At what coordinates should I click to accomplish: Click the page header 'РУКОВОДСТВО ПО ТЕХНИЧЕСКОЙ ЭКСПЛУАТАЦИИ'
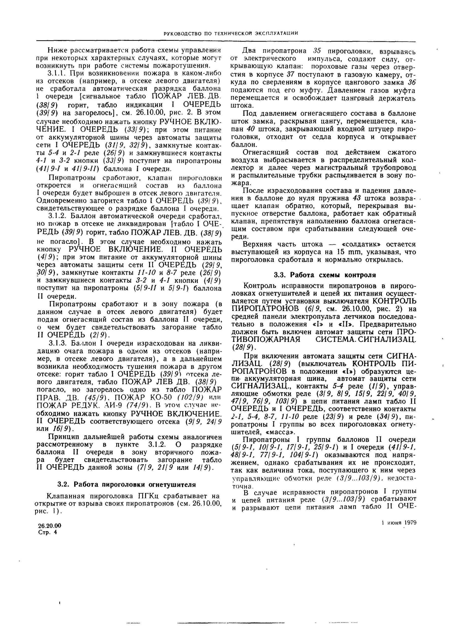(x=231, y=34)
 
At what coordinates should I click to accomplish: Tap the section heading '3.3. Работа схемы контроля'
(x=325, y=275)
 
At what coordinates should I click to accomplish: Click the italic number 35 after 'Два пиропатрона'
(x=317, y=51)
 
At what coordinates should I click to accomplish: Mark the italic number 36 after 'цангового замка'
(x=412, y=82)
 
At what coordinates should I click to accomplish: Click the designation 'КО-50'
(x=168, y=396)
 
